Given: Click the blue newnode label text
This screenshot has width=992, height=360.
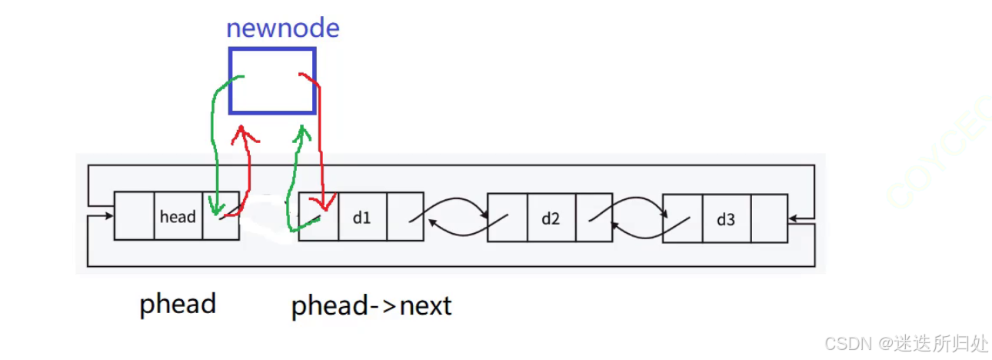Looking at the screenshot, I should (x=282, y=28).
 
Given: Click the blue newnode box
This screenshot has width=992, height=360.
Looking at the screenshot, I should (x=271, y=81).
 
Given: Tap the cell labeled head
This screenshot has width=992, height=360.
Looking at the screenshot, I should (x=178, y=217).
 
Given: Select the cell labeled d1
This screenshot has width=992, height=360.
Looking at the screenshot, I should (x=361, y=217).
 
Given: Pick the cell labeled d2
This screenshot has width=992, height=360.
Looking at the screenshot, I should (x=551, y=218).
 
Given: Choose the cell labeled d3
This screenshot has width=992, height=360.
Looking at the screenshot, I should (x=725, y=219).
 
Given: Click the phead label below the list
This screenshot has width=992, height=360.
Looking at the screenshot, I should (x=178, y=304).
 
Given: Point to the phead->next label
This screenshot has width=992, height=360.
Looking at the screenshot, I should (x=371, y=306).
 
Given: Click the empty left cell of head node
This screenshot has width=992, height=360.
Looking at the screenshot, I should (x=134, y=216).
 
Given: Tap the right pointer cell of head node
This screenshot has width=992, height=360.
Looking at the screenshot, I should (x=221, y=216).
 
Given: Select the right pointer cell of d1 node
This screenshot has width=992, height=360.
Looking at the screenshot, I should (x=404, y=217).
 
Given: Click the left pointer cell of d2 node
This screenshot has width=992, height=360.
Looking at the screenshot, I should (x=508, y=218).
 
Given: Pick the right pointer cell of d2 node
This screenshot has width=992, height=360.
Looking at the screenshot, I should (x=594, y=218).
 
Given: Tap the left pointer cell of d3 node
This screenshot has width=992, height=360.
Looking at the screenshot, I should (x=682, y=219).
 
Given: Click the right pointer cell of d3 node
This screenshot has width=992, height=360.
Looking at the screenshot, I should (x=768, y=219).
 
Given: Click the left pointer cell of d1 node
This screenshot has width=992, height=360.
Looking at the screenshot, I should (x=318, y=217).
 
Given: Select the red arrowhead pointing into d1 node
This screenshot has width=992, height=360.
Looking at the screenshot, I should (x=327, y=205).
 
